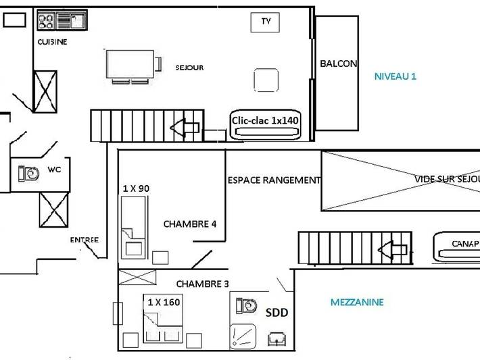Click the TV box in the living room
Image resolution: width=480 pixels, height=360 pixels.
tap(266, 22)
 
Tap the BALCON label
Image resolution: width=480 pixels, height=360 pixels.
tap(338, 63)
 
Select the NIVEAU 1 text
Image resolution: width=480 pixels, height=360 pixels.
tap(395, 76)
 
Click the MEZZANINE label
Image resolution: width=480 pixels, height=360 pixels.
tap(357, 302)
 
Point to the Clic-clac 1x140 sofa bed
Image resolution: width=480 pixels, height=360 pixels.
tap(265, 122)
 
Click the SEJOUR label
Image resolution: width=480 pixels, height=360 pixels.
tap(189, 68)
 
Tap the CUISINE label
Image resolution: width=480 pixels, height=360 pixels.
tap(52, 42)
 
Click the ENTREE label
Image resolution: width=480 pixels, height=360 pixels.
tap(84, 240)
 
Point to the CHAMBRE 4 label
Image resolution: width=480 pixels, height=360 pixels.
tap(190, 224)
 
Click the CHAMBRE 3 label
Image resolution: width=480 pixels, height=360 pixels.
tap(203, 284)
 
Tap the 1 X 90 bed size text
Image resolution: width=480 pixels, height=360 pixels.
tap(136, 188)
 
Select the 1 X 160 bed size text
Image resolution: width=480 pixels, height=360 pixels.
tap(164, 302)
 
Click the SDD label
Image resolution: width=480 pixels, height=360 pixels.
tap(276, 313)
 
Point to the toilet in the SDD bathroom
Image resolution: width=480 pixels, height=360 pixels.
tap(247, 306)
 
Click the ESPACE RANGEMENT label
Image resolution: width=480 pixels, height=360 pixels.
tap(274, 180)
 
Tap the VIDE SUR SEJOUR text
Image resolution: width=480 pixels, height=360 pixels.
tap(446, 180)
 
